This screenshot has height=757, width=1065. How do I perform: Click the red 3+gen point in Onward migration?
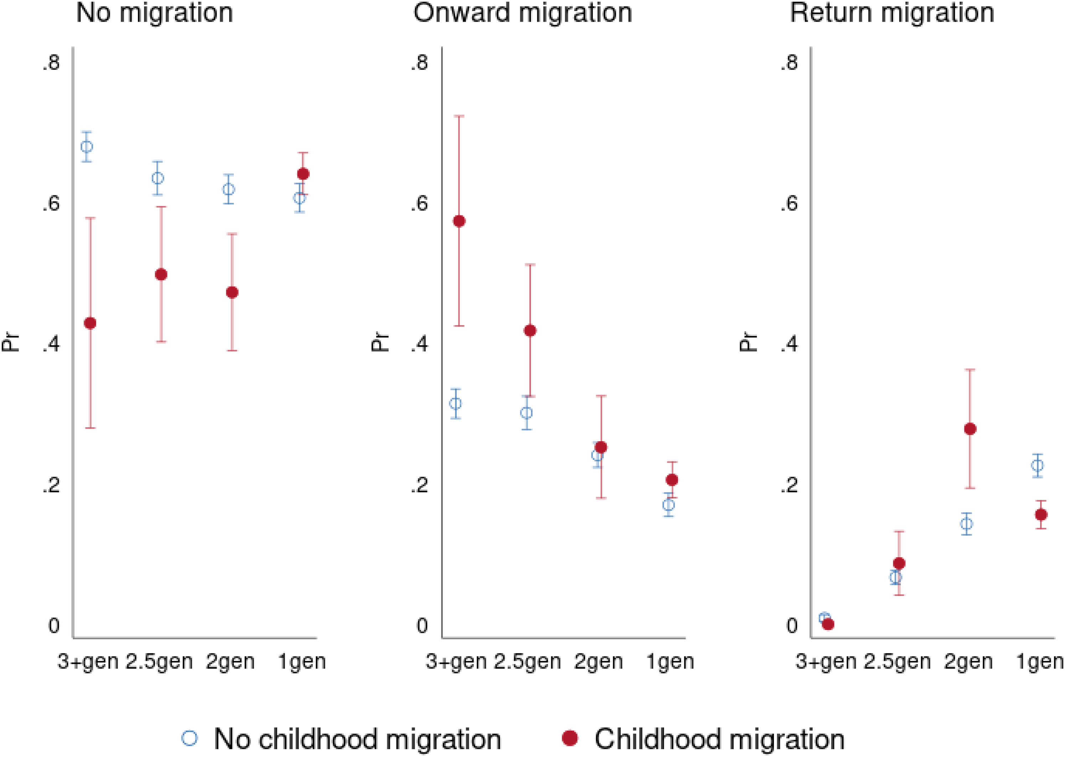[459, 221]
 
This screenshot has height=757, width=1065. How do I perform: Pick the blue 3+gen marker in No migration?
[87, 147]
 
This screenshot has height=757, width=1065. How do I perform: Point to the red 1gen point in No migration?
[303, 174]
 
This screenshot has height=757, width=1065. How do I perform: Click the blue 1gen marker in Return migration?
[1038, 465]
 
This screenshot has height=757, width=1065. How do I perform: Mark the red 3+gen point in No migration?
[91, 323]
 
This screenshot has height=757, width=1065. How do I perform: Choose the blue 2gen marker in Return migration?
[967, 524]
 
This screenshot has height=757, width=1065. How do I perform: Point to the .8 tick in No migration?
[51, 62]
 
